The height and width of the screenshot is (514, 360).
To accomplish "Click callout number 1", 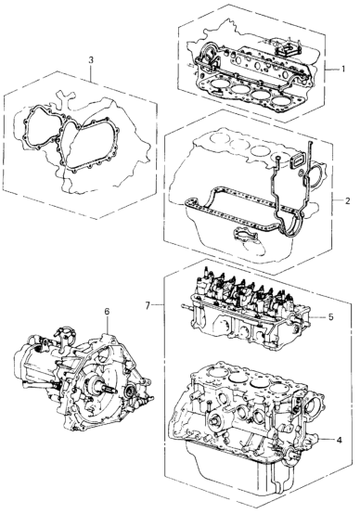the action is (x=342, y=70).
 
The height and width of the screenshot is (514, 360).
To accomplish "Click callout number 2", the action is (x=347, y=200).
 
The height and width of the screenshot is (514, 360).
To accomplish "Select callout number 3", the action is (x=91, y=60).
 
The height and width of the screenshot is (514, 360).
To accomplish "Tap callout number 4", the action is (x=339, y=440).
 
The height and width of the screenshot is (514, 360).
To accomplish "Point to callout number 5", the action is (x=331, y=317).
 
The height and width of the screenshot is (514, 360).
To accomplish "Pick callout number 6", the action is (x=108, y=312).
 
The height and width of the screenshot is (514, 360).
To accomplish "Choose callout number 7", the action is (x=148, y=305).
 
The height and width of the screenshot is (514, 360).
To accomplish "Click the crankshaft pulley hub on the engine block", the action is (x=213, y=420).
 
